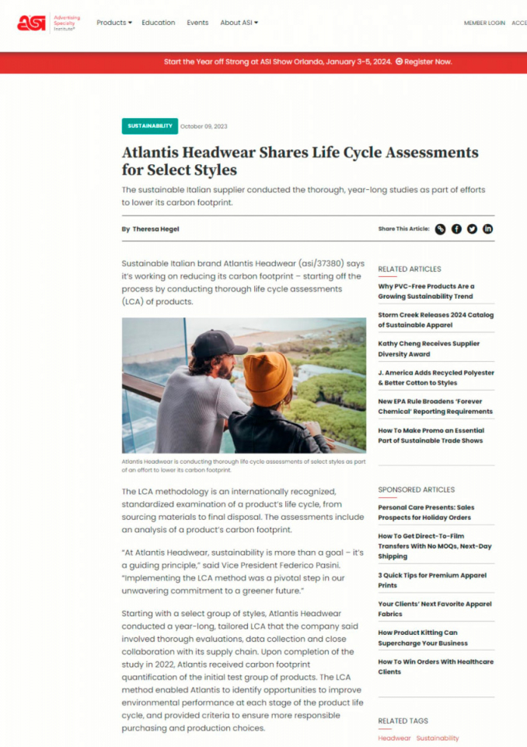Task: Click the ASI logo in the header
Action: point(31,23)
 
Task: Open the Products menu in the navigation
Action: point(114,23)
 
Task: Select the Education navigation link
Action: point(159,23)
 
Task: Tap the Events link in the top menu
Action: point(197,23)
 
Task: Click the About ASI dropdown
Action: point(239,23)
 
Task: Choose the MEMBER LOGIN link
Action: point(484,23)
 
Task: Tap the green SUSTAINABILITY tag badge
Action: point(150,126)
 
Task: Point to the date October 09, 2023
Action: point(204,126)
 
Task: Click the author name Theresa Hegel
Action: point(155,229)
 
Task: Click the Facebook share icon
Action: point(456,229)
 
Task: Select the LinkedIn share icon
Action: point(487,229)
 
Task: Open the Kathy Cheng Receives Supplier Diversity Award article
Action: point(429,349)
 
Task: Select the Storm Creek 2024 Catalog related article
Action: point(435,320)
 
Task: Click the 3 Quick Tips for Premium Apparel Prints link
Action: point(432,580)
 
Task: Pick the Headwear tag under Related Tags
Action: point(394,738)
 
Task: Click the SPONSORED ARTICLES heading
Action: point(417,489)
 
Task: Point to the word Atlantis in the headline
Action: point(155,153)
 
